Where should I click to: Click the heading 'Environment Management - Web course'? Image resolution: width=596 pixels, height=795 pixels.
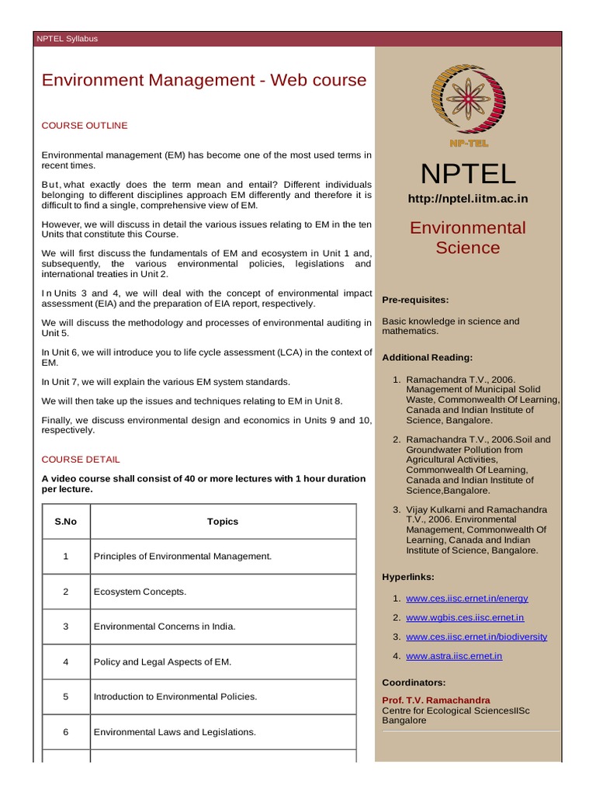click(203, 81)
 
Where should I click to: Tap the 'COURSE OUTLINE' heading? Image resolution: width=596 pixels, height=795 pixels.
click(85, 126)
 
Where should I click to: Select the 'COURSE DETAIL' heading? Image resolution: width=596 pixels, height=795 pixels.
click(81, 460)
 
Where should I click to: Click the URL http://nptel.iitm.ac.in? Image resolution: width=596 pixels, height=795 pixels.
click(468, 199)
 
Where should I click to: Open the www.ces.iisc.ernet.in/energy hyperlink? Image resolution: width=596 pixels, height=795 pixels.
click(466, 599)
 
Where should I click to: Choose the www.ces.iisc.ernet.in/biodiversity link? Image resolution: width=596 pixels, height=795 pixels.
click(476, 637)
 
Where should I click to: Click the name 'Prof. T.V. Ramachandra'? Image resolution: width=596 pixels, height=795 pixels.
click(436, 700)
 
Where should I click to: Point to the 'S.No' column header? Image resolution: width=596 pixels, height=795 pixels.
click(66, 522)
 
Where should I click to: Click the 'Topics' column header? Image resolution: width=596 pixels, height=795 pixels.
click(223, 522)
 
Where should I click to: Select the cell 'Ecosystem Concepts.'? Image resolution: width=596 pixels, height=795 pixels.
click(140, 592)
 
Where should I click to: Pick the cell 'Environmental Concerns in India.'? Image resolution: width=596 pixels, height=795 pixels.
click(164, 627)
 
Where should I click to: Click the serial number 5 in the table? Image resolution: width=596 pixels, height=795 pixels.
click(66, 696)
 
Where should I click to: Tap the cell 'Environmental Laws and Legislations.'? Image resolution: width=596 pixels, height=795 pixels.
click(175, 732)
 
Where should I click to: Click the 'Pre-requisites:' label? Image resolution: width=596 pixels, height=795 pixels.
click(415, 299)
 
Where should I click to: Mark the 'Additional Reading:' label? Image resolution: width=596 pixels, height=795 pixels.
click(427, 358)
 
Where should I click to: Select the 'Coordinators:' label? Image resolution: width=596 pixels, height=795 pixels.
click(414, 682)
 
